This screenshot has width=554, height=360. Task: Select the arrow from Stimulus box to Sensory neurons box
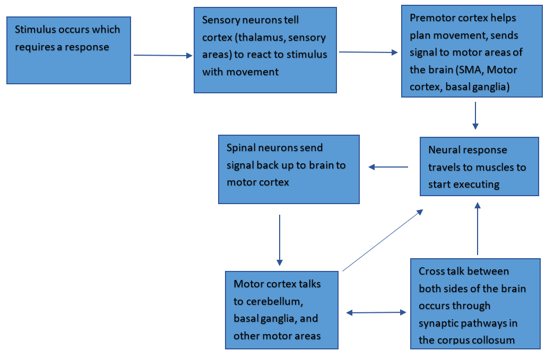tap(162, 55)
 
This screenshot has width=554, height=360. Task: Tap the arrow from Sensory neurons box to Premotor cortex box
tap(368, 52)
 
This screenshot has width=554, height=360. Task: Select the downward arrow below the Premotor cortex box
tap(475, 115)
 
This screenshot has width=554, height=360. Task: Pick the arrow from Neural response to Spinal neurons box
tap(388, 167)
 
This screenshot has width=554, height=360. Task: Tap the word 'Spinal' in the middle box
tap(242, 148)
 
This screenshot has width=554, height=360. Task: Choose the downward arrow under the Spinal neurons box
tap(280, 240)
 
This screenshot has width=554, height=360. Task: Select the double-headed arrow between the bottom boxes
tap(376, 313)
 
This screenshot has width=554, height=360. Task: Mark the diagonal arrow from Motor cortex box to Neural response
tap(382, 240)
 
